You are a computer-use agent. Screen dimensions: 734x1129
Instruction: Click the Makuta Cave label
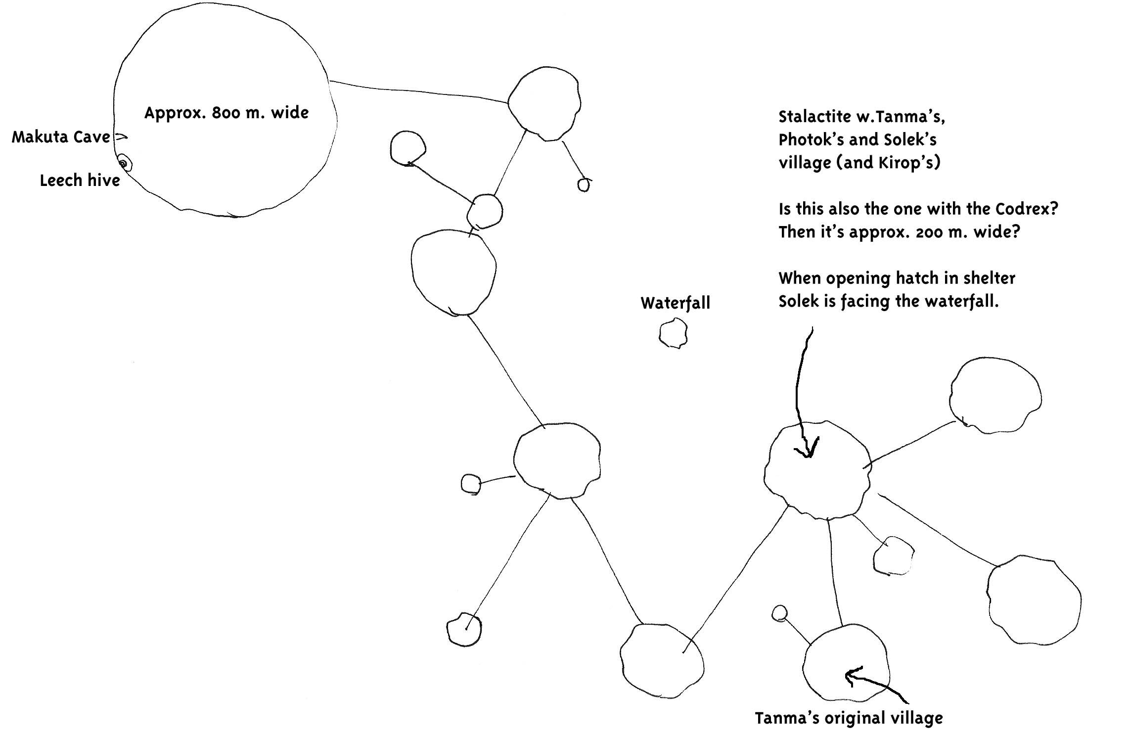pyautogui.click(x=61, y=137)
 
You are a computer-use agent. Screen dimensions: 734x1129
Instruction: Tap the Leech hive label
pyautogui.click(x=80, y=181)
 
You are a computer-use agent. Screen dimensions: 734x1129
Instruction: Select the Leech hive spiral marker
pyautogui.click(x=123, y=163)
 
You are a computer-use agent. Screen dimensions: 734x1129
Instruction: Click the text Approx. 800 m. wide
pyautogui.click(x=226, y=113)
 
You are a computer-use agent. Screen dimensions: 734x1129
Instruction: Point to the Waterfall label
pyautogui.click(x=675, y=303)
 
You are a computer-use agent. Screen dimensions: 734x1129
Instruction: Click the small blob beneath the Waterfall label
pyautogui.click(x=673, y=333)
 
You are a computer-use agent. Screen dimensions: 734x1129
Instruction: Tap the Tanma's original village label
pyautogui.click(x=849, y=718)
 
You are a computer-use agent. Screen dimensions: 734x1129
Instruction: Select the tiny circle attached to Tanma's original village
pyautogui.click(x=779, y=613)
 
